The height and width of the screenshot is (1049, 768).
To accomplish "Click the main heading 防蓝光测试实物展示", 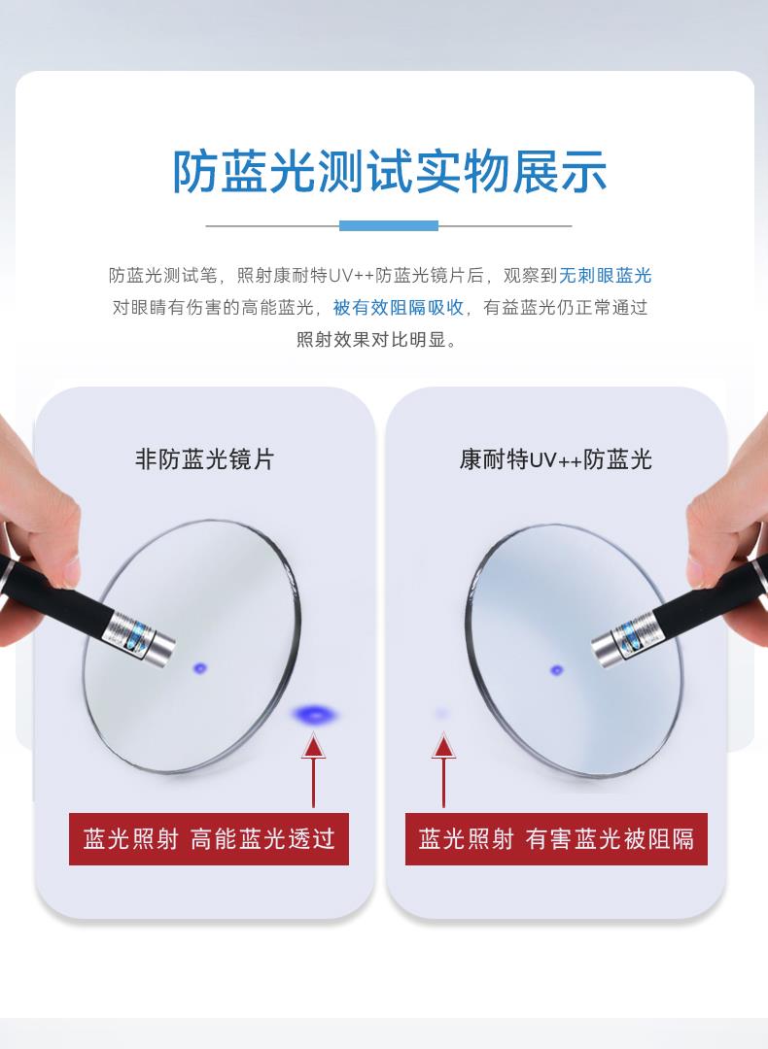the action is (x=390, y=171).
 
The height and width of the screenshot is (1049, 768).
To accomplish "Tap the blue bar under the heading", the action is (x=388, y=225).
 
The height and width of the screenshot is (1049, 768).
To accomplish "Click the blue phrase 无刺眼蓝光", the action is (x=606, y=275).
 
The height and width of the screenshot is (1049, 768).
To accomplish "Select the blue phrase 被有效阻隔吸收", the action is (x=399, y=307).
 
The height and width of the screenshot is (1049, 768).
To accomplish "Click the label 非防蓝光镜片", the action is (x=204, y=458).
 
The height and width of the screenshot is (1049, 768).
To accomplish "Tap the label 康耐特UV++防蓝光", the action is (x=555, y=458).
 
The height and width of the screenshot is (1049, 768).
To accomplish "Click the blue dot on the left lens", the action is (x=199, y=667).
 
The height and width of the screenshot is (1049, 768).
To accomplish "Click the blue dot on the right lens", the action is (x=556, y=669).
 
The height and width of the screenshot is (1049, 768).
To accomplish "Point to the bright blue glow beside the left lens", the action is (x=315, y=715).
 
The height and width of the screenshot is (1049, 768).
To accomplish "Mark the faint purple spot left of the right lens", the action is (x=441, y=714).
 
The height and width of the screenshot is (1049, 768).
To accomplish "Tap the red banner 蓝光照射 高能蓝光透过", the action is (x=209, y=839).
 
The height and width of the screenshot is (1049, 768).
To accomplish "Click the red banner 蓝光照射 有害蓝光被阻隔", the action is (x=556, y=839).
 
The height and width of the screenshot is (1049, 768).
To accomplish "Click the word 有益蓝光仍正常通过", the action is (x=565, y=307).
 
